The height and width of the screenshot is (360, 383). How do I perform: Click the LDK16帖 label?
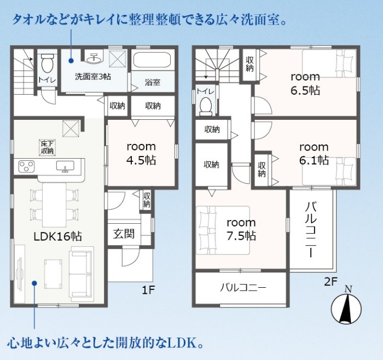tap(57, 237)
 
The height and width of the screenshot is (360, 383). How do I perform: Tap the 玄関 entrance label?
tap(124, 234)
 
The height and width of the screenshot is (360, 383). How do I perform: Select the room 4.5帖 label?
tap(141, 153)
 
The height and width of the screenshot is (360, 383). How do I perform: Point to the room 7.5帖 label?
tap(241, 229)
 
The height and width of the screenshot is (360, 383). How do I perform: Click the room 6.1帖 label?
tap(314, 154)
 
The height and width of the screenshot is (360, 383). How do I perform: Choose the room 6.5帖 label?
tap(305, 84)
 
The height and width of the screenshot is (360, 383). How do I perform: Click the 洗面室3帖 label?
tap(93, 77)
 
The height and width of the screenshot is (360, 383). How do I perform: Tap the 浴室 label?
tap(153, 82)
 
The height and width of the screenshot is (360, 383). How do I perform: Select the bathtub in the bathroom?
tap(153, 60)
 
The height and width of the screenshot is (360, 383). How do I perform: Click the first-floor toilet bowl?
tap(48, 63)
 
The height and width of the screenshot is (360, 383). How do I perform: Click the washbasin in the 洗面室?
tap(94, 57)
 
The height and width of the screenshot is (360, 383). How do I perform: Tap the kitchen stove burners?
tap(26, 166)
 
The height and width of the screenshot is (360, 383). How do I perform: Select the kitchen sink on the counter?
tap(65, 166)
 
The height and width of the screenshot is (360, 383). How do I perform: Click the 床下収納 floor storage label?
tap(48, 147)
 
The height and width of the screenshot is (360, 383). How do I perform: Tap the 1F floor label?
tap(148, 290)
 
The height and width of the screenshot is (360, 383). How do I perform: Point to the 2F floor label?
tap(330, 282)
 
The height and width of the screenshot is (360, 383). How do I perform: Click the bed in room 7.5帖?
tap(223, 230)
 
